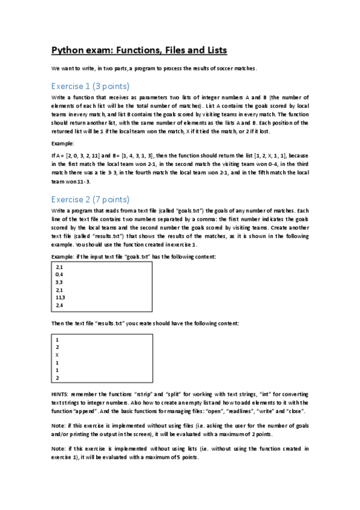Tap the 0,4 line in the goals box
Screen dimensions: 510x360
59,274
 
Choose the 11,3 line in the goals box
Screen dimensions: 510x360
61,297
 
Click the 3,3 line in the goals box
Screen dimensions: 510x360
59,281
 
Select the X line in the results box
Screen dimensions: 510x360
56,355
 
